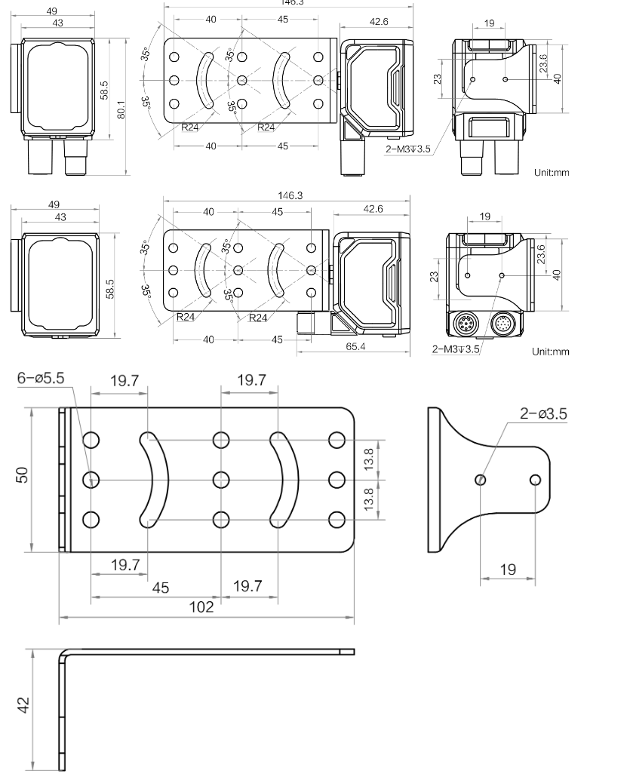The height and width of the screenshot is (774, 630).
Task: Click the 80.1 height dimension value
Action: click(121, 109)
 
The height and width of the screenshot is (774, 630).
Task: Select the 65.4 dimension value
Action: click(355, 346)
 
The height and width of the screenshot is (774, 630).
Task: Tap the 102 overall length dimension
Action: click(201, 607)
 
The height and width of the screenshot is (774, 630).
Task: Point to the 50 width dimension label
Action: click(23, 475)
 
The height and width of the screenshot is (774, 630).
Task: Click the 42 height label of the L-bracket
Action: click(23, 705)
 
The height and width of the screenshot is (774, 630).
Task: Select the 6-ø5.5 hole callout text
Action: click(41, 378)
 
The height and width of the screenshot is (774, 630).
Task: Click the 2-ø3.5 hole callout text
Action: click(543, 413)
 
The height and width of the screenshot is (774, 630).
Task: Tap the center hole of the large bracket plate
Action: click(221, 480)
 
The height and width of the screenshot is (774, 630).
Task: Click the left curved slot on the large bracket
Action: click(155, 480)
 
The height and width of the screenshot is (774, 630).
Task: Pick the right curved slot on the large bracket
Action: click(285, 480)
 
